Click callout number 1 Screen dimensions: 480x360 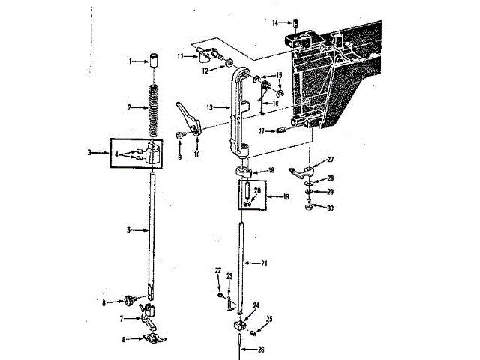(x=130, y=60)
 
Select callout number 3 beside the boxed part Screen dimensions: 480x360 (x=89, y=152)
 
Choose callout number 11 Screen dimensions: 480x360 (x=181, y=55)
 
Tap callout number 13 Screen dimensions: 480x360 (x=211, y=107)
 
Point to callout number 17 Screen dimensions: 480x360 (x=262, y=131)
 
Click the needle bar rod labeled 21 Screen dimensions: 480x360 (x=242, y=262)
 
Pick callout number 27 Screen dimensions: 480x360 (x=331, y=160)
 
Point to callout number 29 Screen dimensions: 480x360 (x=330, y=192)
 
